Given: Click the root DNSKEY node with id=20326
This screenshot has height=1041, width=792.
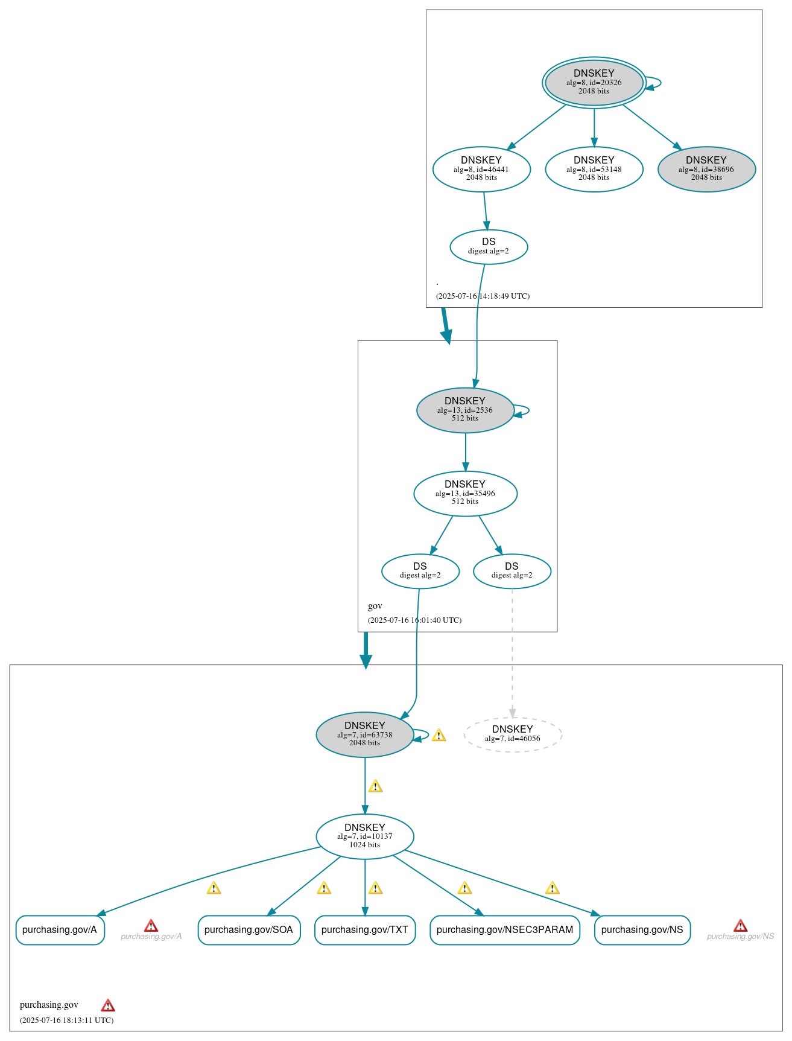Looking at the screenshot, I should [594, 83].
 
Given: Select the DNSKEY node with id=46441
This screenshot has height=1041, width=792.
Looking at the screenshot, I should [481, 169].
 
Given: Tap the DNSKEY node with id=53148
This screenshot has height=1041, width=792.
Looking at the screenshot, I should [594, 169].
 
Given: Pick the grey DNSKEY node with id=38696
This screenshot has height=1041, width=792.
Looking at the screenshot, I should [706, 169].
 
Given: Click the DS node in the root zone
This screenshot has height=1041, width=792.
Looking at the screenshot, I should [489, 246].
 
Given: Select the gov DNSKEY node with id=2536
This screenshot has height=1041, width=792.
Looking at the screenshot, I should [465, 410].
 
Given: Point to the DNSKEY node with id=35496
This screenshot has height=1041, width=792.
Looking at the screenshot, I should [465, 493].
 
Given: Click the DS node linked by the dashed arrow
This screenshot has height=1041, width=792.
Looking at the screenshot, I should [512, 570].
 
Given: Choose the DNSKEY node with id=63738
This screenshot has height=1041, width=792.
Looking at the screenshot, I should [364, 734].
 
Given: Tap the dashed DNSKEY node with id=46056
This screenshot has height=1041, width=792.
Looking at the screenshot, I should [513, 734].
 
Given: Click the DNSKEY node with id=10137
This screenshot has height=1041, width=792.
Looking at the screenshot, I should [364, 836].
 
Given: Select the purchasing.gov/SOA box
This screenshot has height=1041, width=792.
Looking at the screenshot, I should [249, 929].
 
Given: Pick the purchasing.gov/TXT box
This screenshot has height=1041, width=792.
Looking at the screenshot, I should [364, 929].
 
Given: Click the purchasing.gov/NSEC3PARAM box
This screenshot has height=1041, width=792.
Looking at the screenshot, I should [504, 929].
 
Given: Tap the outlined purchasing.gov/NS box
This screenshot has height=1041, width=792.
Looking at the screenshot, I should [642, 929].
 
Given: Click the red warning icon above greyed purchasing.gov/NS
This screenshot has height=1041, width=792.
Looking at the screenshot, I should [740, 926].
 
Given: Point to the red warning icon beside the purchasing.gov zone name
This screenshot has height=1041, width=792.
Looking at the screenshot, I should [108, 1005].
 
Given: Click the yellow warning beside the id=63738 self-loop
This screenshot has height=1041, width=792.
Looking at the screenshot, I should [439, 735].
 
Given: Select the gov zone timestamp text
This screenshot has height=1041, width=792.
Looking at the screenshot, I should [414, 620].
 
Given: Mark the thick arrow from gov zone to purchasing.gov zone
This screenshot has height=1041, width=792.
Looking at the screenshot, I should [366, 650].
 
